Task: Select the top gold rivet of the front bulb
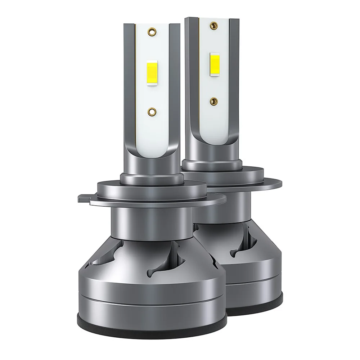(152, 32)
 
